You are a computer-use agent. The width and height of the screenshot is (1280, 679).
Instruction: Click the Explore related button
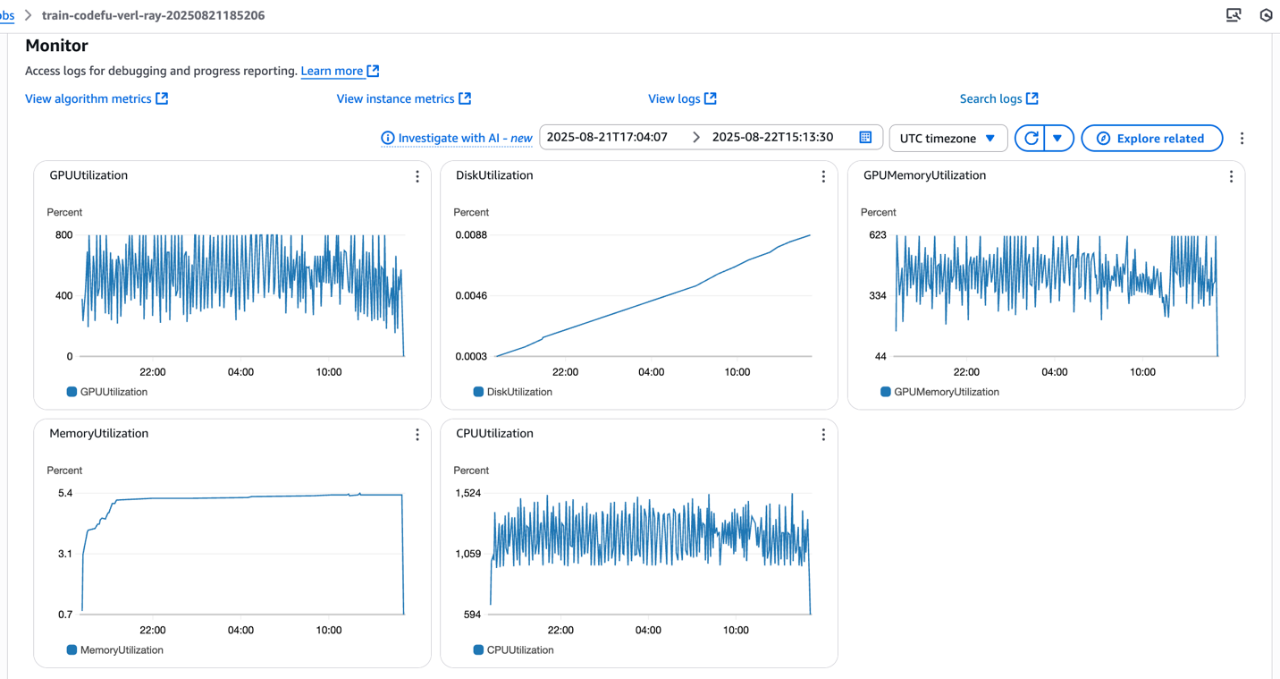pyautogui.click(x=1151, y=139)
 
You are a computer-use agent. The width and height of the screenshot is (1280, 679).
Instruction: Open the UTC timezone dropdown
pyautogui.click(x=947, y=139)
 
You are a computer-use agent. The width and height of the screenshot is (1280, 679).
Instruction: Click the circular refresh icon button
pyautogui.click(x=1031, y=139)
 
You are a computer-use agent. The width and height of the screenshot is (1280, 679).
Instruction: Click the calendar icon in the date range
pyautogui.click(x=865, y=137)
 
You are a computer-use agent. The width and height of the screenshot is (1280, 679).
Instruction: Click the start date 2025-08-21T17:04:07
pyautogui.click(x=607, y=137)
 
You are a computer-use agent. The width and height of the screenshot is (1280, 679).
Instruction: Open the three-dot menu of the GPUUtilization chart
pyautogui.click(x=417, y=176)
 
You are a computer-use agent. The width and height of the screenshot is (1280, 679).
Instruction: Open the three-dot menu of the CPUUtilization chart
pyautogui.click(x=823, y=435)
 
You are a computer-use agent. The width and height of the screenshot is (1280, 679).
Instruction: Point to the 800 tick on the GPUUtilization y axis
pyautogui.click(x=63, y=235)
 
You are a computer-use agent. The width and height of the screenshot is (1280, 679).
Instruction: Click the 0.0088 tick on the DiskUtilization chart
pyautogui.click(x=470, y=235)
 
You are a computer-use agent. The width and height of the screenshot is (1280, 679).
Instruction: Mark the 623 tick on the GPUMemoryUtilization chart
pyautogui.click(x=877, y=235)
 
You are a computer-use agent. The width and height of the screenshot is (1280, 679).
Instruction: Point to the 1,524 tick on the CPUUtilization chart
pyautogui.click(x=468, y=493)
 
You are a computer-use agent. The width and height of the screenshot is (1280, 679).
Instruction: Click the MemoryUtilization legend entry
pyautogui.click(x=115, y=650)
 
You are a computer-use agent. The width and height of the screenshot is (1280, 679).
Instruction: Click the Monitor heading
pyautogui.click(x=56, y=46)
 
